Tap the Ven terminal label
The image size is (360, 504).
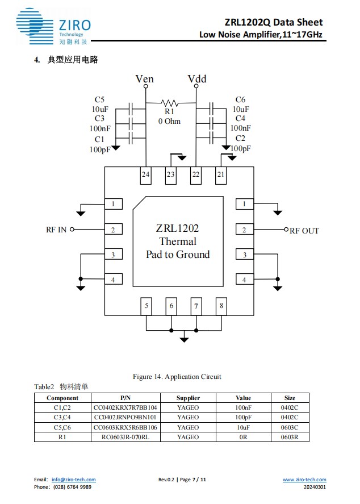click(x=145, y=79)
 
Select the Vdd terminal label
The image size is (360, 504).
click(x=196, y=79)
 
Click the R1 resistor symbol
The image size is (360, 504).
click(x=170, y=103)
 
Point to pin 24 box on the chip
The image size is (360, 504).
click(x=146, y=174)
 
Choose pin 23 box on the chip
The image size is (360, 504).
click(x=170, y=174)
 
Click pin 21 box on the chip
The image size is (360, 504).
click(x=221, y=174)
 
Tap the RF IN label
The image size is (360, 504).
click(x=56, y=230)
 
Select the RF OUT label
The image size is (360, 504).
click(x=304, y=231)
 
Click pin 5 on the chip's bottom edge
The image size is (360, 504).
click(x=146, y=306)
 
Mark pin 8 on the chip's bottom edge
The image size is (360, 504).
click(x=221, y=306)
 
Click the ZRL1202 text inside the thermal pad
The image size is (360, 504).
click(x=177, y=228)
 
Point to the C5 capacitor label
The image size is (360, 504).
click(x=100, y=100)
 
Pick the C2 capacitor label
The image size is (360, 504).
click(x=240, y=139)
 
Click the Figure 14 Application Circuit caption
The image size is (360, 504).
click(x=177, y=377)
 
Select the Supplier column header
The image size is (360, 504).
click(x=188, y=398)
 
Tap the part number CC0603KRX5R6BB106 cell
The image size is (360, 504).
click(x=125, y=427)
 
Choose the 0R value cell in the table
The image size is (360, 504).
click(x=243, y=436)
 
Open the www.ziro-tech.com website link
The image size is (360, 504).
click(x=304, y=480)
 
